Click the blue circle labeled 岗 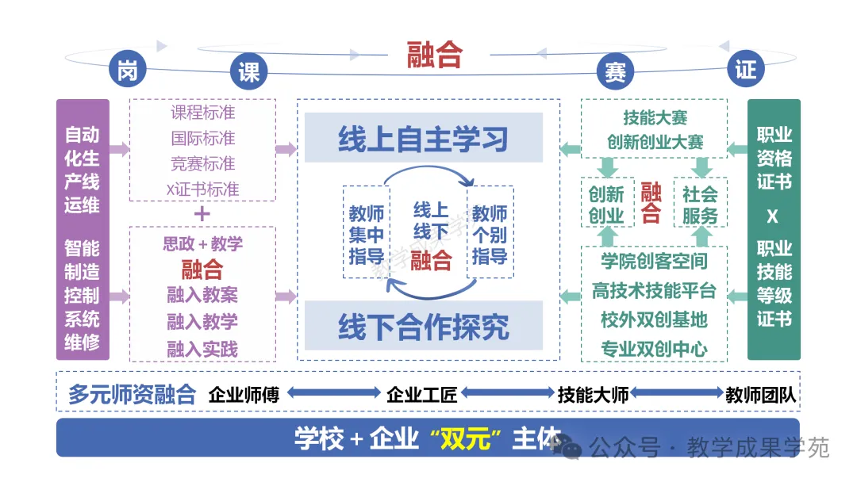click(127, 69)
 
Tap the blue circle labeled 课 click(248, 71)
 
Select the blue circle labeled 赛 click(616, 71)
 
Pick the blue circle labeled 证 click(745, 69)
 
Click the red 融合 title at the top click(435, 55)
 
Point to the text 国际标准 click(203, 138)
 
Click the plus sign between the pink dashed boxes click(202, 213)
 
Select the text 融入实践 click(202, 349)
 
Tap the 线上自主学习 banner click(424, 138)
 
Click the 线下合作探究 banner click(424, 326)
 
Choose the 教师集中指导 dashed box click(366, 232)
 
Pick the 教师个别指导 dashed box click(490, 232)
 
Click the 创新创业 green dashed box click(607, 202)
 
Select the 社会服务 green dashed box click(700, 202)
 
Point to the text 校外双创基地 click(654, 319)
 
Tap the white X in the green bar click(772, 216)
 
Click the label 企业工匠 click(422, 394)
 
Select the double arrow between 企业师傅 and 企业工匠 click(333, 392)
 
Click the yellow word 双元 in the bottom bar click(466, 438)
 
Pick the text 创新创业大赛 click(655, 143)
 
